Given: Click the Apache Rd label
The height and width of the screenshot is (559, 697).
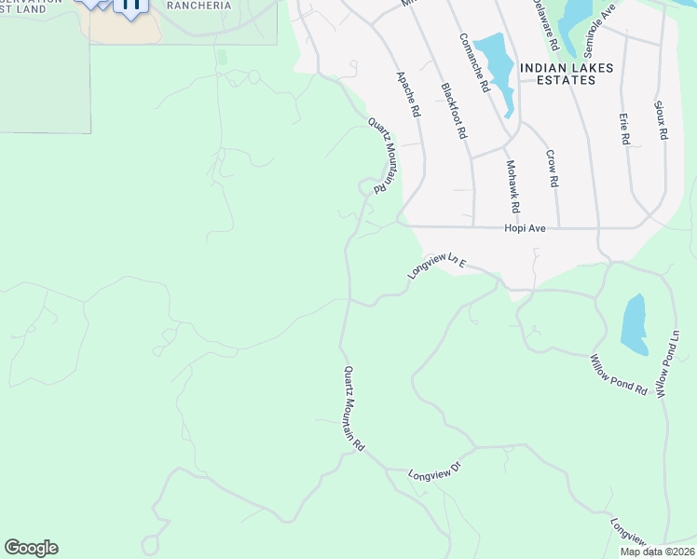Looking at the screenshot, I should coord(408,94).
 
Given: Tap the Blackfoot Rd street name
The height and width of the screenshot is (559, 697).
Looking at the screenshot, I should coord(453,111).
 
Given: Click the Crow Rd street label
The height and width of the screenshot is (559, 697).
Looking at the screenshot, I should coord(552,169).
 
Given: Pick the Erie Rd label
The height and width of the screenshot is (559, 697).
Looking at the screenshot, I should coord(624,130).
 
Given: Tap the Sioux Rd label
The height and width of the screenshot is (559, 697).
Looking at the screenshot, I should coord(662,121).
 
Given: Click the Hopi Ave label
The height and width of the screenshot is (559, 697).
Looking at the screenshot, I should coord(525,227).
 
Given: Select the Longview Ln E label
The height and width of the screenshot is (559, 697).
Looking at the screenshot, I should coord(435,266).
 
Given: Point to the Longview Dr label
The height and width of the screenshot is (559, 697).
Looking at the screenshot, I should coord(435,474).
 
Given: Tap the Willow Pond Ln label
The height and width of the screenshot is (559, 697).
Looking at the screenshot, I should coord(668,365).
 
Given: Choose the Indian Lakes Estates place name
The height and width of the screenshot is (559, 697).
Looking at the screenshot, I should coord(558,74).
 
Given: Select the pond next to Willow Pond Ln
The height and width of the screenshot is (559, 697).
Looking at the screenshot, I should coord(634,325).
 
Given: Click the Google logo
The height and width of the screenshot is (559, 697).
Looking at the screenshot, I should coord(31,548).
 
